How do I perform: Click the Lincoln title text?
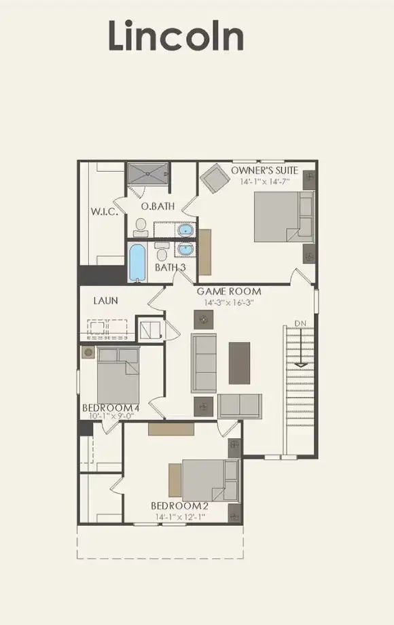click(x=175, y=37)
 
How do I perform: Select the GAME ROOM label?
click(x=229, y=291)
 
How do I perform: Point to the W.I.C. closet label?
click(x=105, y=212)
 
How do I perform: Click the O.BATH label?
click(x=156, y=206)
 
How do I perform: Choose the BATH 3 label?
click(x=170, y=268)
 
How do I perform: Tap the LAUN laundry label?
click(x=107, y=300)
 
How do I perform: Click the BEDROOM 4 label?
click(x=111, y=408)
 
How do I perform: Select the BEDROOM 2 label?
click(x=179, y=506)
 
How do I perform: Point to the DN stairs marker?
click(x=300, y=322)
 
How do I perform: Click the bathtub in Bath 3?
click(x=137, y=263)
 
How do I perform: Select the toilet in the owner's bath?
click(x=141, y=224)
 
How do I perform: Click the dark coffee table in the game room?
click(x=239, y=362)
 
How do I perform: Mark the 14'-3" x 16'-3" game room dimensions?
click(x=229, y=303)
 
